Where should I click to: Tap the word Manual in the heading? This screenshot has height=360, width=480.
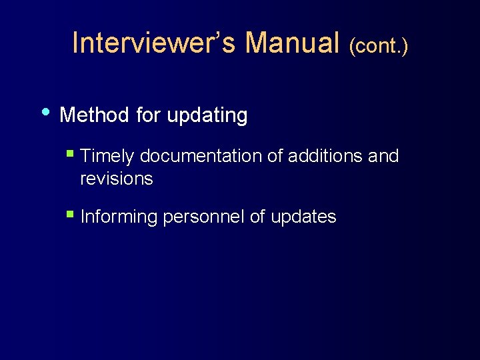(293, 43)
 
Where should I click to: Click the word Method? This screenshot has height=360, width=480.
(94, 115)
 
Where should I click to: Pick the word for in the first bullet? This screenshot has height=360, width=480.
(148, 115)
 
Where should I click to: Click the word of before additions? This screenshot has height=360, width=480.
(274, 157)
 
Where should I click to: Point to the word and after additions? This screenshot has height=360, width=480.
(383, 157)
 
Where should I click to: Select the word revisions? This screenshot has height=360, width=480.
(117, 179)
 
